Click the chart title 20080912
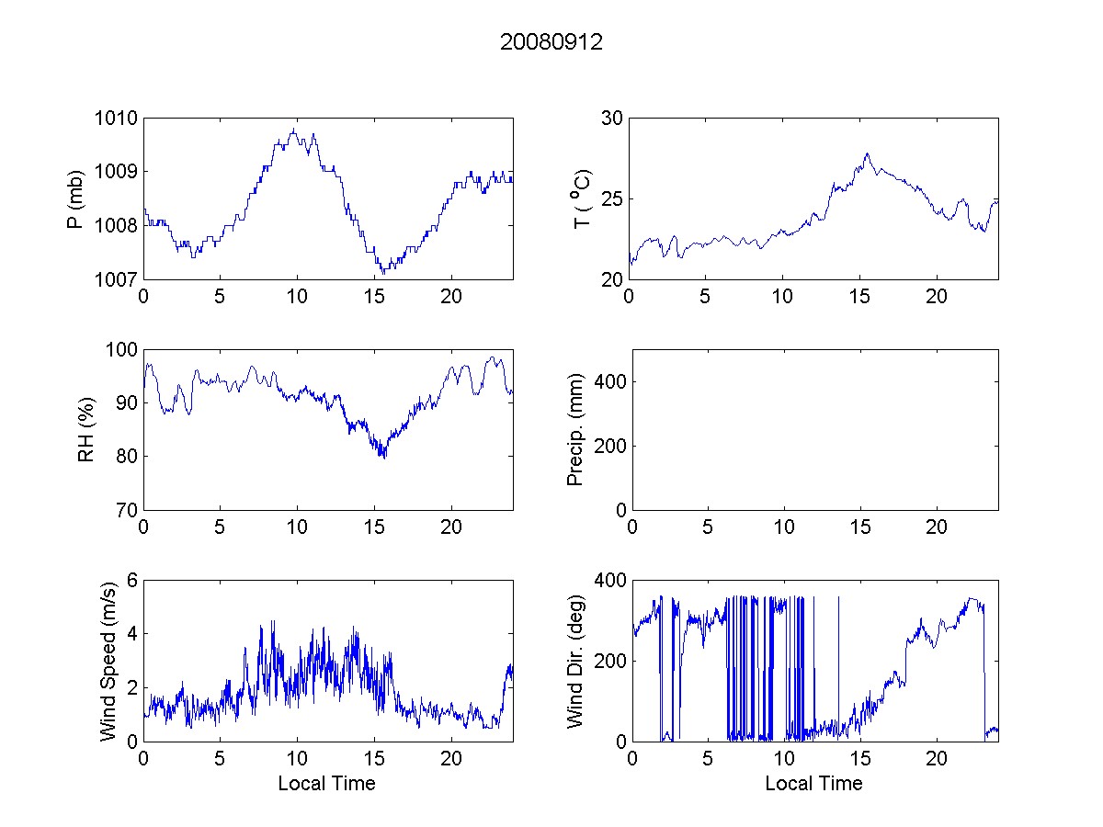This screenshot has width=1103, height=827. click(x=551, y=42)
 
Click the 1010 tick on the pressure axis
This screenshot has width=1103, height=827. click(x=118, y=118)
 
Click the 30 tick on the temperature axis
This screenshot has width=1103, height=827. click(x=611, y=118)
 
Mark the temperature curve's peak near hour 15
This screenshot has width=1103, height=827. click(x=866, y=153)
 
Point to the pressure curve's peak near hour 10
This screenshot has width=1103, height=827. click(x=294, y=129)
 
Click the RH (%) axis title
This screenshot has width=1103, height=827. click(x=86, y=429)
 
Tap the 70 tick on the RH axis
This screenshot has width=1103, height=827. click(x=126, y=510)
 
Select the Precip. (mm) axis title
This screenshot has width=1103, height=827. click(x=576, y=429)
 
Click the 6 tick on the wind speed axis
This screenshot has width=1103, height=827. click(x=131, y=580)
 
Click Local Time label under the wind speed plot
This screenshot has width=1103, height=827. click(x=326, y=784)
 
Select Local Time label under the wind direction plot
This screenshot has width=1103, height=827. click(x=813, y=784)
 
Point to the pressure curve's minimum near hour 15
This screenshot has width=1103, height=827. click(x=383, y=273)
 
